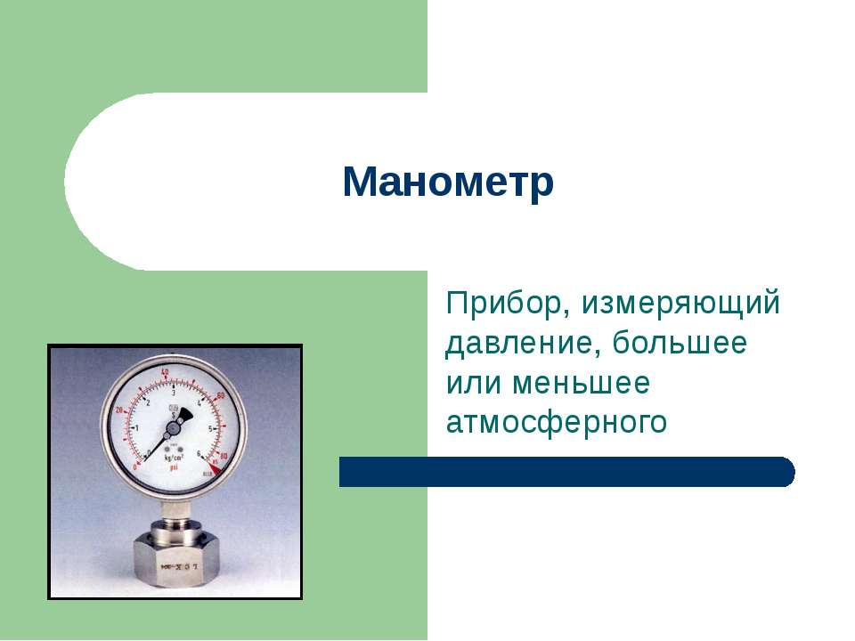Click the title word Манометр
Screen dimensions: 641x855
pos(448,183)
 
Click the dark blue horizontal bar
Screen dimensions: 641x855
pos(566,472)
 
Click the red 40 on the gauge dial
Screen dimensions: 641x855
pos(165,371)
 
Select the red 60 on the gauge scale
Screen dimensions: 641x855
pos(222,395)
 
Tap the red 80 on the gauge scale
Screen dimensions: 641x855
pos(224,457)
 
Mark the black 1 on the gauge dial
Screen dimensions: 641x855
pos(136,427)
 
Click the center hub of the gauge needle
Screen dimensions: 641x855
pos(175,427)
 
